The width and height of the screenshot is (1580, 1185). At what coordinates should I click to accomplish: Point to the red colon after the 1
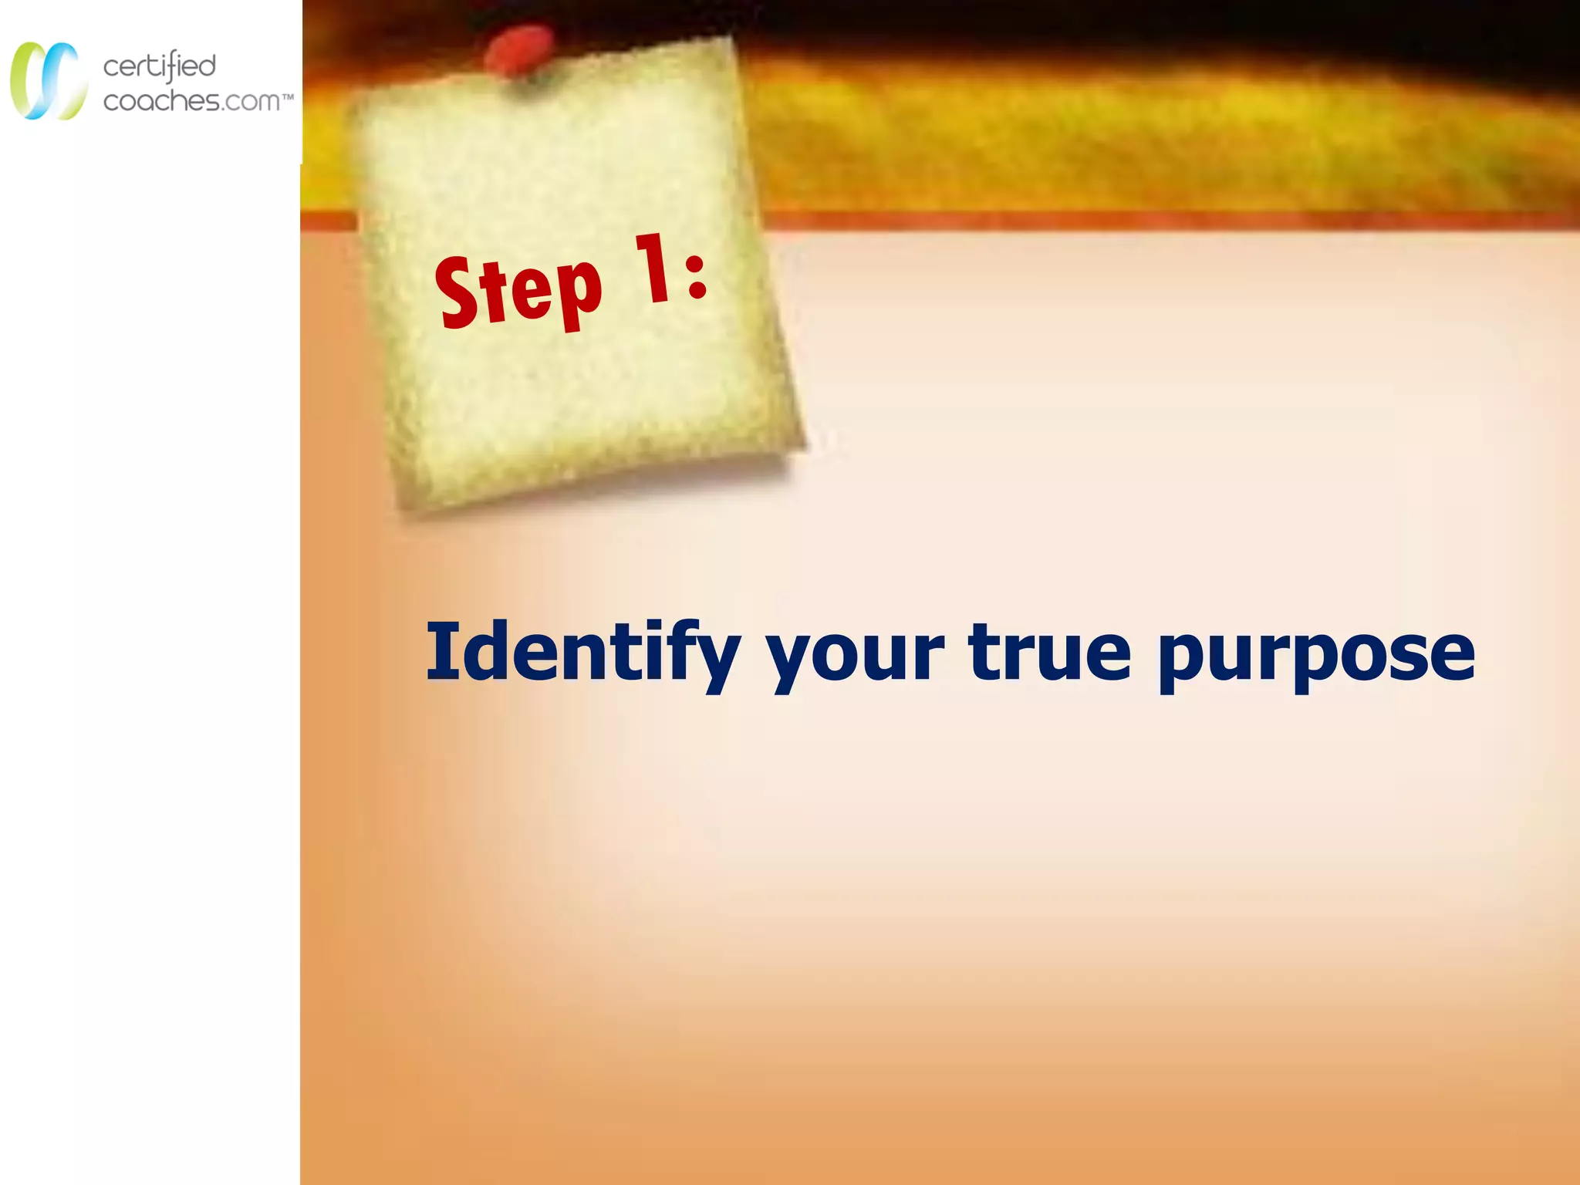tap(696, 275)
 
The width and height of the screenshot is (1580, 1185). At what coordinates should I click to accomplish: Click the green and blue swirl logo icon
tap(48, 80)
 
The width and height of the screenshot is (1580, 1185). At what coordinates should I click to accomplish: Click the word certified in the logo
tap(160, 66)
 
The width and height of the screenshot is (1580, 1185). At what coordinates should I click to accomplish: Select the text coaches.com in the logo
tap(191, 101)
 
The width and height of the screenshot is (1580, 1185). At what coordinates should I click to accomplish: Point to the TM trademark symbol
tap(288, 98)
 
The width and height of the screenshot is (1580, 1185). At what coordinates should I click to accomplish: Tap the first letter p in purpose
tap(1184, 660)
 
